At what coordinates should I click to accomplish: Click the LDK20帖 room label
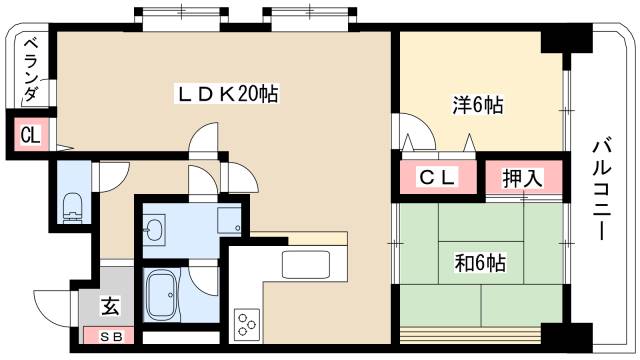(x=227, y=94)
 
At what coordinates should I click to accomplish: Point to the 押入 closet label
(x=522, y=179)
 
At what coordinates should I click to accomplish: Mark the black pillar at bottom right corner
(x=562, y=338)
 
